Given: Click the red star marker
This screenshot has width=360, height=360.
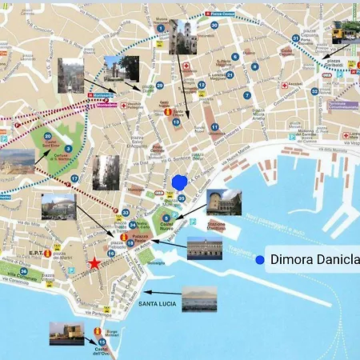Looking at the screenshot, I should [x=94, y=262].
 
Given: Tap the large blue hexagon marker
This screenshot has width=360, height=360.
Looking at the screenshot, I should [x=179, y=182].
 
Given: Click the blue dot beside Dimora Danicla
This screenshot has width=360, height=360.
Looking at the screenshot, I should [x=259, y=259].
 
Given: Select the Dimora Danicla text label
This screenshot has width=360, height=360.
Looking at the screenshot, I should [x=314, y=259].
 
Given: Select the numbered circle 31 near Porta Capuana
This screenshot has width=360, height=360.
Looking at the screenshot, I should [x=295, y=38].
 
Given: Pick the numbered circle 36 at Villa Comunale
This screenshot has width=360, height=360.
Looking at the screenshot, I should [x=24, y=271].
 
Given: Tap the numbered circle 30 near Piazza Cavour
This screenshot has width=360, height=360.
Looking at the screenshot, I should [x=214, y=25].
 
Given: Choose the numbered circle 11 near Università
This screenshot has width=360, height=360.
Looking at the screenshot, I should [x=214, y=127].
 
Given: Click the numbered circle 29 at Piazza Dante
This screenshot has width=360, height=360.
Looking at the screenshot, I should [x=159, y=86].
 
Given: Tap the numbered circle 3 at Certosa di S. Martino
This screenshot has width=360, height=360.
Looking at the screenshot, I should [x=69, y=149].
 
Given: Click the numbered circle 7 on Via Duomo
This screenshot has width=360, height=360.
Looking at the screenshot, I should [x=235, y=57].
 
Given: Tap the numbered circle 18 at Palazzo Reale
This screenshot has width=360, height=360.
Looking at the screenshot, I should [x=130, y=242].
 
